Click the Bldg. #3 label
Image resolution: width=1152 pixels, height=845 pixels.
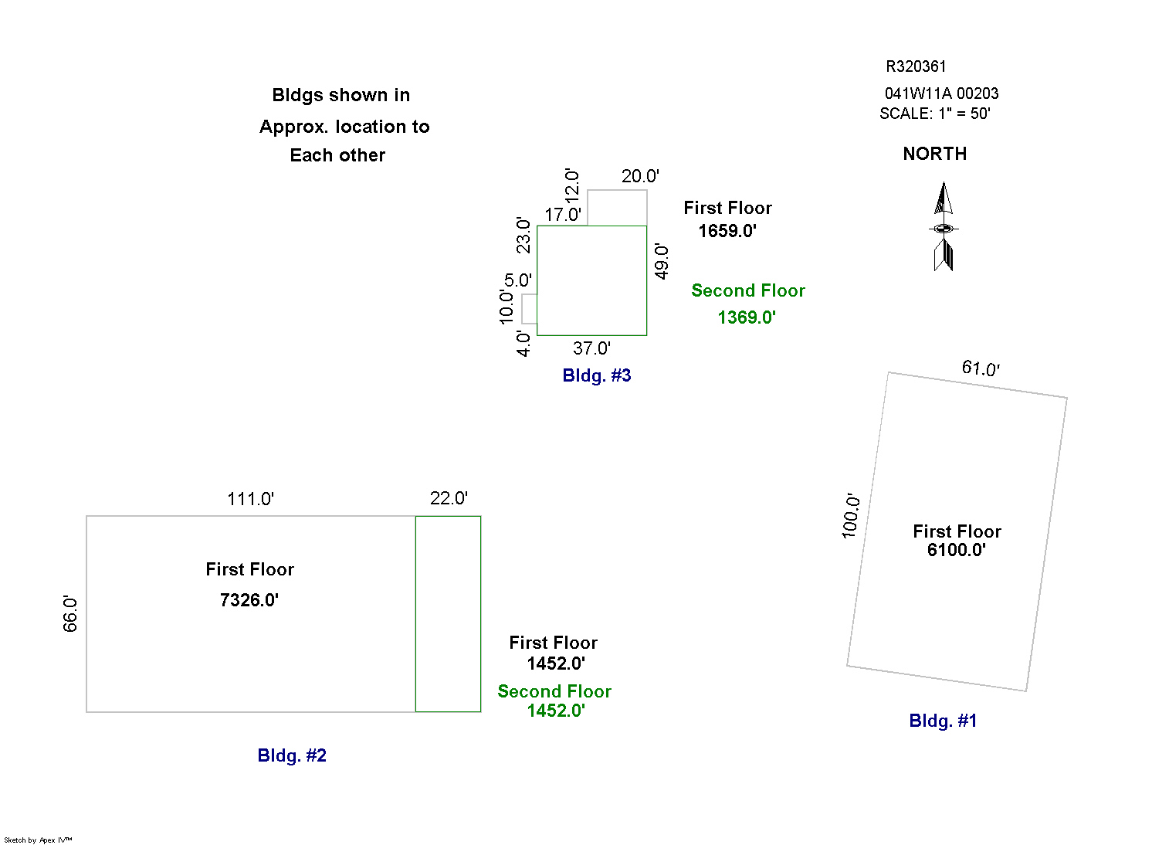597,375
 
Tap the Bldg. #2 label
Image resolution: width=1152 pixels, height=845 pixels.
292,755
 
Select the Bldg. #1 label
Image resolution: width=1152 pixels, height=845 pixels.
943,721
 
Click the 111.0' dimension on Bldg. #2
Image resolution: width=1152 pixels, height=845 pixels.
250,499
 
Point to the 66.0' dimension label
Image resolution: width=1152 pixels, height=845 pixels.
70,614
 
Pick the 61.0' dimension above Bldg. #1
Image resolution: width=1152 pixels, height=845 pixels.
981,368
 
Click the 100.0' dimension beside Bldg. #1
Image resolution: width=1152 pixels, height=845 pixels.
850,516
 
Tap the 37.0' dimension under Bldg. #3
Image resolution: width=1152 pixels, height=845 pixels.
591,348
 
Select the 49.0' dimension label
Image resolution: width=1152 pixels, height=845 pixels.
662,261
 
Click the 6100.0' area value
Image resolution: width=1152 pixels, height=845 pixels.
957,550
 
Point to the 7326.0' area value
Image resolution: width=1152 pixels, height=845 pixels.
249,600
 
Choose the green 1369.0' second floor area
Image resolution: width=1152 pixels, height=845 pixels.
747,317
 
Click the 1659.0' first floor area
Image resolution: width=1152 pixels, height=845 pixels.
727,231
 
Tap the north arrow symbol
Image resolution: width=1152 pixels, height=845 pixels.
943,227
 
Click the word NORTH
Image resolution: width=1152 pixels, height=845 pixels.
934,154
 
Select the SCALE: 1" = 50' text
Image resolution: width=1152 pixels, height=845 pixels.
934,114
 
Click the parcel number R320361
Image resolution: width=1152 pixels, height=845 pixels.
916,66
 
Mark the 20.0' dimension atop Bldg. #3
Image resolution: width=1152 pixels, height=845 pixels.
640,176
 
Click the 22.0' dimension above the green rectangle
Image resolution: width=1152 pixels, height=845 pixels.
449,498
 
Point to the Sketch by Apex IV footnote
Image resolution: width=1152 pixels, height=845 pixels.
38,840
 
